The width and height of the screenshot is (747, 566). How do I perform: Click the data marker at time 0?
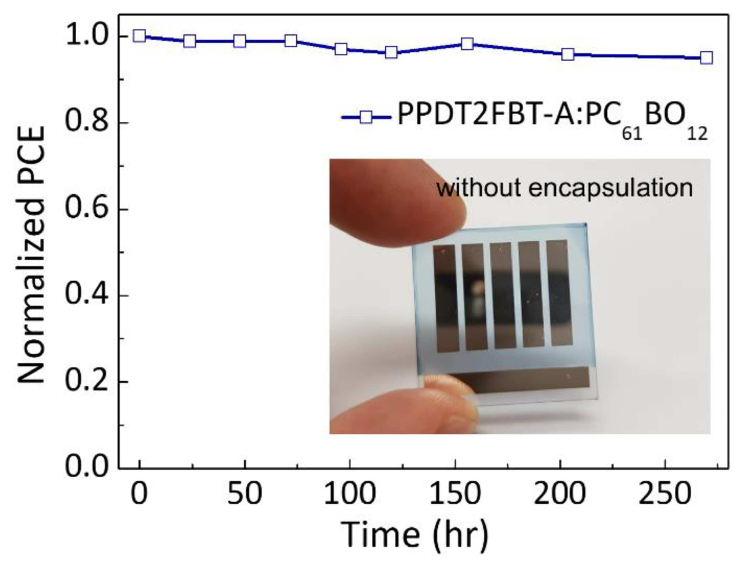pos(139,35)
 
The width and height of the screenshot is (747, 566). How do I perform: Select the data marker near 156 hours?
pos(467,44)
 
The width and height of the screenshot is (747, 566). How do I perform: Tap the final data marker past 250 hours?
pos(707,57)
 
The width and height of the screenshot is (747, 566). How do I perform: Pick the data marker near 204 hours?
pos(568,54)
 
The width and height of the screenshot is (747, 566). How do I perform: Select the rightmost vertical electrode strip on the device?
pos(560,292)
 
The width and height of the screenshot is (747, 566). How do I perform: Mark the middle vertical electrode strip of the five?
pos(503,295)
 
